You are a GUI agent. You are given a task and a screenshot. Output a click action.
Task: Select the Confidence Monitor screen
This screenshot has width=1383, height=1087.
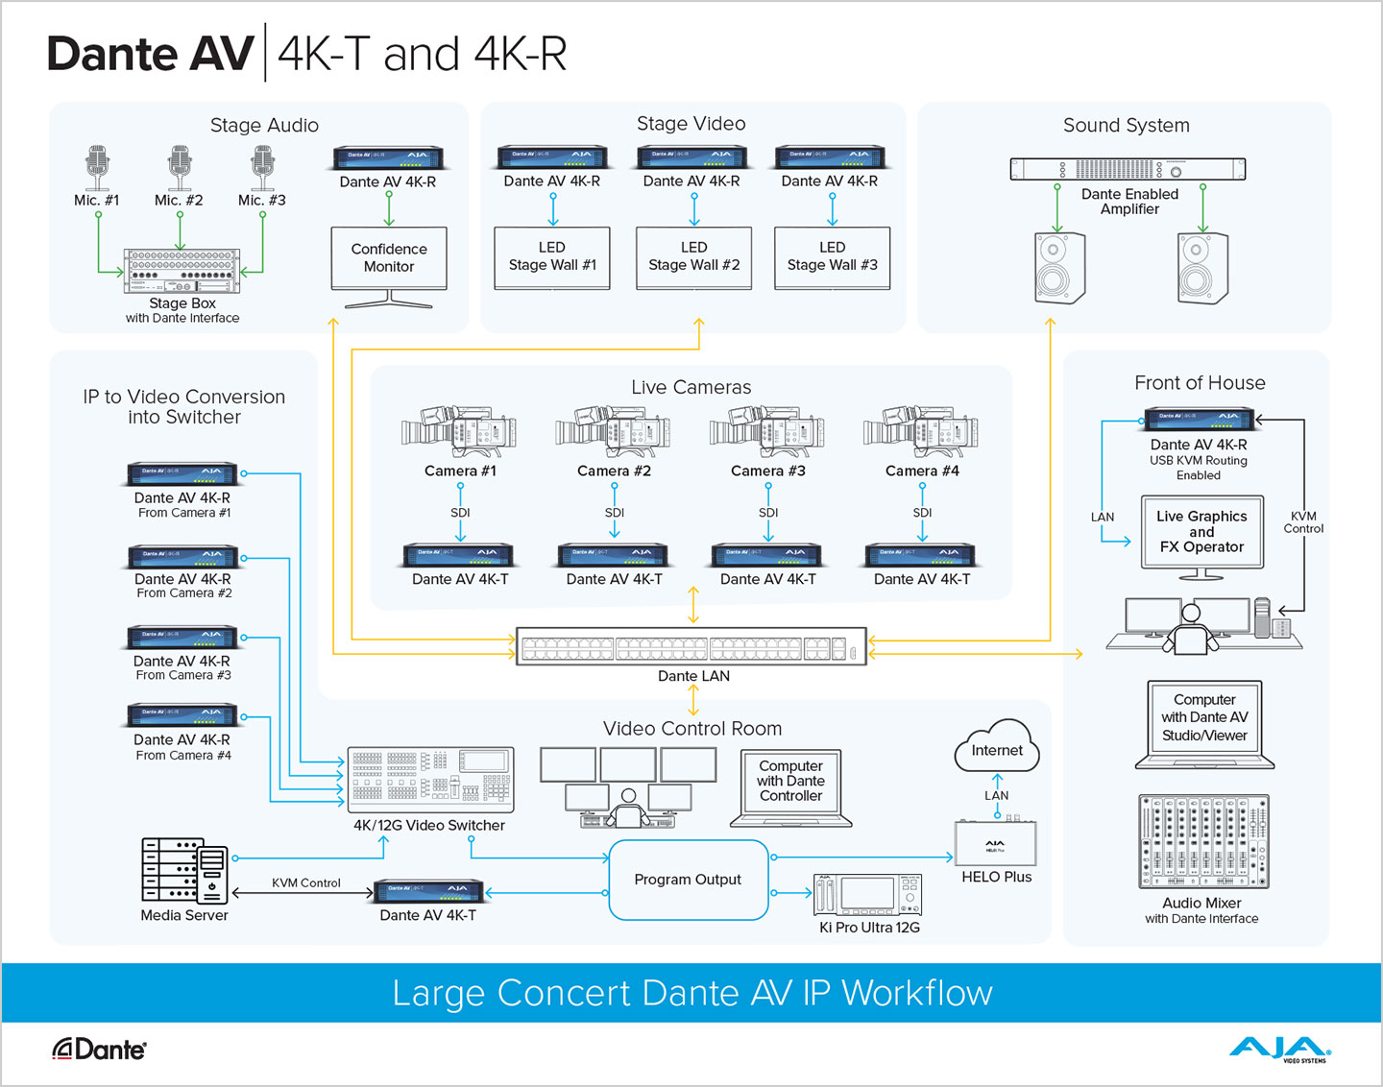point(389,258)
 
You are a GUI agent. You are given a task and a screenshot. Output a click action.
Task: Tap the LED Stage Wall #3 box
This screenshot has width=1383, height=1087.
point(832,257)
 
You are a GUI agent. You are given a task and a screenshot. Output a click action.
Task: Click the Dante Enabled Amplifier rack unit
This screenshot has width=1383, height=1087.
point(1128,169)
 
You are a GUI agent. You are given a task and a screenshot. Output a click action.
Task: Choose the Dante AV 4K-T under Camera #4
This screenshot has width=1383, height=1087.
point(921,555)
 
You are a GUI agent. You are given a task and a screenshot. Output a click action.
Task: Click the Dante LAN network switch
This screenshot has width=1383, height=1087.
point(691,646)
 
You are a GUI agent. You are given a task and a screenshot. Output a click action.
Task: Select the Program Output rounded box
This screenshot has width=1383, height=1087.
point(689,880)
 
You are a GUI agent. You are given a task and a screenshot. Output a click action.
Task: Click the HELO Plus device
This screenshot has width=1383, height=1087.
point(995,844)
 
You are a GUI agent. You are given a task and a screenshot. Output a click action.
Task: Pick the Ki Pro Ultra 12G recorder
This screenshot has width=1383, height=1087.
point(868,895)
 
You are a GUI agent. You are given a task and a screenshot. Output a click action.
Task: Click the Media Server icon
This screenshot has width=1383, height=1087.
point(184,870)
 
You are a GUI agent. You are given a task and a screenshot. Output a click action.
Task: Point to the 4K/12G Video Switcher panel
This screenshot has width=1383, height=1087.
point(429,780)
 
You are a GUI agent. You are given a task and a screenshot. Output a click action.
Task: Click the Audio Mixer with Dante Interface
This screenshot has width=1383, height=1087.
point(1202,841)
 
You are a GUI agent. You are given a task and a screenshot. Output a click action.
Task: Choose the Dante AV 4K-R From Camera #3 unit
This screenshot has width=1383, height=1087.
point(183,637)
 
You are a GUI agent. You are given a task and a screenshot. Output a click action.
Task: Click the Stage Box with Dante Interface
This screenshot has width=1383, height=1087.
point(182,271)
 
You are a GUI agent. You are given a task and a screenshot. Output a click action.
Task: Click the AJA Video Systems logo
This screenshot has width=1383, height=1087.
point(1279,1049)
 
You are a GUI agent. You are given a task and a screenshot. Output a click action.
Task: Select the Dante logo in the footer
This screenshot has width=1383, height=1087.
point(99,1050)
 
